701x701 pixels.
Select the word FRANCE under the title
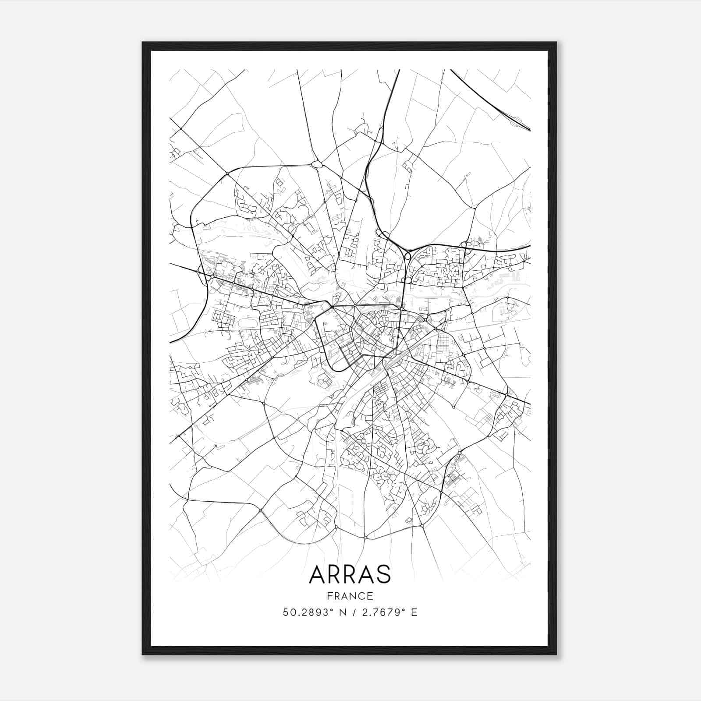pos(350,596)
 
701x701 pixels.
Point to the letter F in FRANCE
pos(329,596)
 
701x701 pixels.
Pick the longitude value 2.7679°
pos(381,612)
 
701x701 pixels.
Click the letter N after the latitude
pos(343,612)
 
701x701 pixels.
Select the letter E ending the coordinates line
pos(414,612)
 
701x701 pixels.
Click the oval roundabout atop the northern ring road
pos(317,165)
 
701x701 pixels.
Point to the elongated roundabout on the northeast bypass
pos(407,255)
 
